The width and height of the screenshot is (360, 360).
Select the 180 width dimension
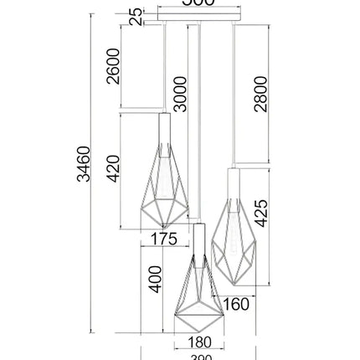(198, 342)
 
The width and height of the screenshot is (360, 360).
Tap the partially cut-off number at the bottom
(199, 357)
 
